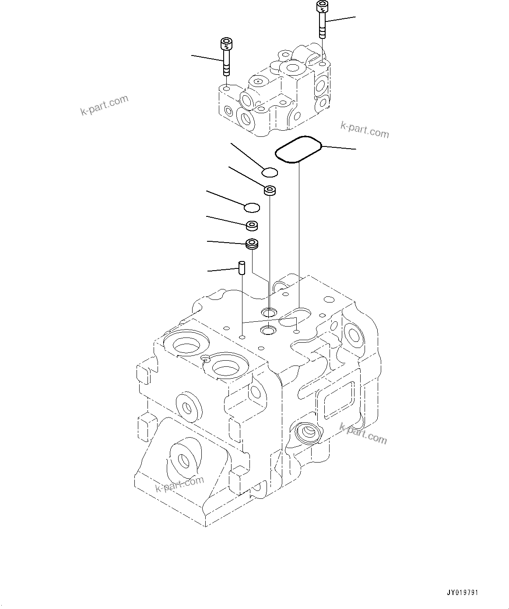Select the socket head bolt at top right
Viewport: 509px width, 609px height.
coord(322,20)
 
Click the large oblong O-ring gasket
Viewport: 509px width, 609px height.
coord(298,150)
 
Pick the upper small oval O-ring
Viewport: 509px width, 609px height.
coord(270,173)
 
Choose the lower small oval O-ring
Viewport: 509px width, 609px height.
coord(252,206)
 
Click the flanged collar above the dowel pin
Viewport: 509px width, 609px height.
coord(252,244)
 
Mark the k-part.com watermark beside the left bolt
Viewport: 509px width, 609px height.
coord(105,105)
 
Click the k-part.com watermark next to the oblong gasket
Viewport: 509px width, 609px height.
coord(365,130)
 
